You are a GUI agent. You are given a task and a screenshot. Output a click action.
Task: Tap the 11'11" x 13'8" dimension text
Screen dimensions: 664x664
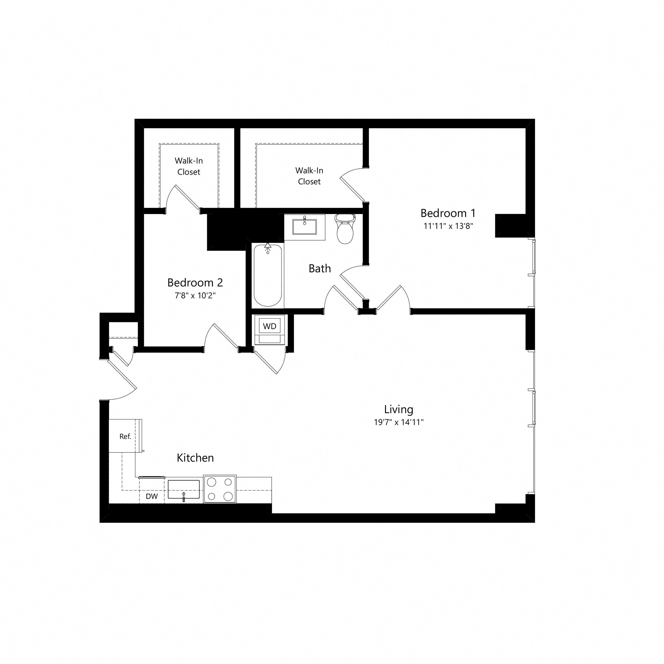tap(448, 226)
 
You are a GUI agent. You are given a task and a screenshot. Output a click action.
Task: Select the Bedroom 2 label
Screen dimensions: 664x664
tap(195, 282)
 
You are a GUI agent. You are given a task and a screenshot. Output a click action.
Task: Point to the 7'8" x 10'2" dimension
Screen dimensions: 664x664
tap(195, 296)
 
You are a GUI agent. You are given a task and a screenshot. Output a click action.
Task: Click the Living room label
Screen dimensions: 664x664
tap(399, 409)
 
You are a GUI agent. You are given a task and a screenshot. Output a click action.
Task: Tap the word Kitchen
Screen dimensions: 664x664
tap(195, 458)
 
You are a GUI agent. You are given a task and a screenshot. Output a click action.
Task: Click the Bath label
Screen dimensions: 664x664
tap(320, 268)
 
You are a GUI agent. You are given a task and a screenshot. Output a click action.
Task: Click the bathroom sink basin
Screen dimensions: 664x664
tap(305, 227)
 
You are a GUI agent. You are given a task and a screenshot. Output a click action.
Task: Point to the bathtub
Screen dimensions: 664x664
tap(268, 275)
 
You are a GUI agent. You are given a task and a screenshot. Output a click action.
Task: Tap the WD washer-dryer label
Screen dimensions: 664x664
tap(269, 326)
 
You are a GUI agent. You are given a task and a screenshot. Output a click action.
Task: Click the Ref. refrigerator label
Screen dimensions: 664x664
tap(125, 436)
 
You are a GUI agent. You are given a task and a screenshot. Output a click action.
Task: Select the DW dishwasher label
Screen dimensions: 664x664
tap(152, 496)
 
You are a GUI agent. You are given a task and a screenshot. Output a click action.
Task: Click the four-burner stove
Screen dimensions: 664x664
tap(220, 489)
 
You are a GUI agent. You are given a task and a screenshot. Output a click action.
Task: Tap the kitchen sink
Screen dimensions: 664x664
tap(183, 489)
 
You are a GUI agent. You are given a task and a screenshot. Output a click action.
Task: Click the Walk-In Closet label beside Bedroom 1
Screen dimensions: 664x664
tap(309, 176)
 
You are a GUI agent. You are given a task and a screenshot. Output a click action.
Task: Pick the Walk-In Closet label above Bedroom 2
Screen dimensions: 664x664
tap(189, 166)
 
